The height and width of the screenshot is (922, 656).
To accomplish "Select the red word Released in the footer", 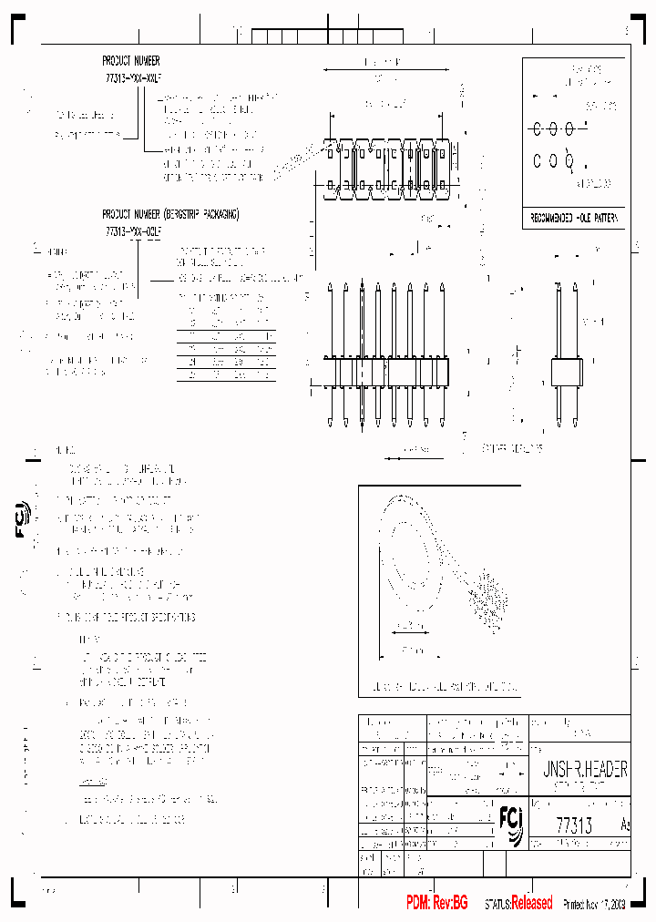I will pyautogui.click(x=531, y=903).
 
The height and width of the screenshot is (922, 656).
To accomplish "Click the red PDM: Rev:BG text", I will pyautogui.click(x=436, y=903).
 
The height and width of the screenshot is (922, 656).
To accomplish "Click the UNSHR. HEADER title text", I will pyautogui.click(x=579, y=770).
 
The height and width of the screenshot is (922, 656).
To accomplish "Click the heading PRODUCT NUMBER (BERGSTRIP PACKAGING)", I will pyautogui.click(x=170, y=215).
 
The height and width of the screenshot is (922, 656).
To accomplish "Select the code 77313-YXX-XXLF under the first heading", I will pyautogui.click(x=132, y=78).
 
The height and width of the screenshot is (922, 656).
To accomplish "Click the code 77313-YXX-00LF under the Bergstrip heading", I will pyautogui.click(x=132, y=232).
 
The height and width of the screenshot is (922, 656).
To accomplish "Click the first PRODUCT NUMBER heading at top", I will pyautogui.click(x=131, y=60).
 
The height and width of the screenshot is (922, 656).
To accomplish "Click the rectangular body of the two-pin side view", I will pyautogui.click(x=567, y=373).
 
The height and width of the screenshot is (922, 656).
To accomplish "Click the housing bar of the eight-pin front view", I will pyautogui.click(x=388, y=373).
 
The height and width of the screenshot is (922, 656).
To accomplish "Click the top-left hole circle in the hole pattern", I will pyautogui.click(x=538, y=128).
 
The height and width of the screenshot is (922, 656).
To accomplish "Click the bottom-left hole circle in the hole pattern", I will pyautogui.click(x=538, y=161).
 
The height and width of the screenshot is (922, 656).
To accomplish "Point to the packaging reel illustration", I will pyautogui.click(x=437, y=565).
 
